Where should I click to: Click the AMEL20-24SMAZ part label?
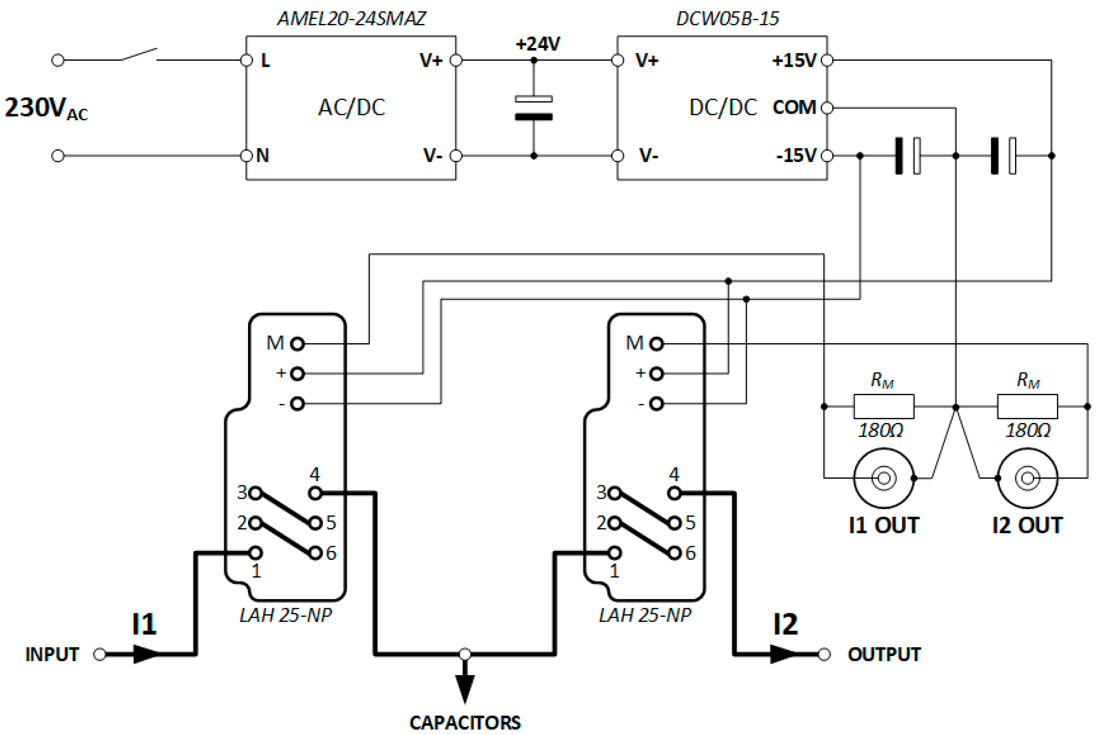[352, 19]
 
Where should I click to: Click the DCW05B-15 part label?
[727, 19]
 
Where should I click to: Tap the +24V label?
[537, 44]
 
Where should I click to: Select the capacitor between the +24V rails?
[533, 108]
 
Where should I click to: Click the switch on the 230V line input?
[139, 55]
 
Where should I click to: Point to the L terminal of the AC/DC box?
[247, 60]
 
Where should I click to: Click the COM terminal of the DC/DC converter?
[827, 108]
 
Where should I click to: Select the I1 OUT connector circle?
[883, 478]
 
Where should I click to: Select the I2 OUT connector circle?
[1027, 478]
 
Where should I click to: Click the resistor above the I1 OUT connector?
[883, 406]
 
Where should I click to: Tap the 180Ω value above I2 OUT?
[1028, 430]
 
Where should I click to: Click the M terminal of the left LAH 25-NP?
[297, 344]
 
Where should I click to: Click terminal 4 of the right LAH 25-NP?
[674, 493]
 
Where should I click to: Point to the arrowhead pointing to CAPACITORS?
[464, 688]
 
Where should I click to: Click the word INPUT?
[52, 654]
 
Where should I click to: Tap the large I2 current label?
[785, 624]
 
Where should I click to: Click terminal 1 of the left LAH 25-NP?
[255, 553]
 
